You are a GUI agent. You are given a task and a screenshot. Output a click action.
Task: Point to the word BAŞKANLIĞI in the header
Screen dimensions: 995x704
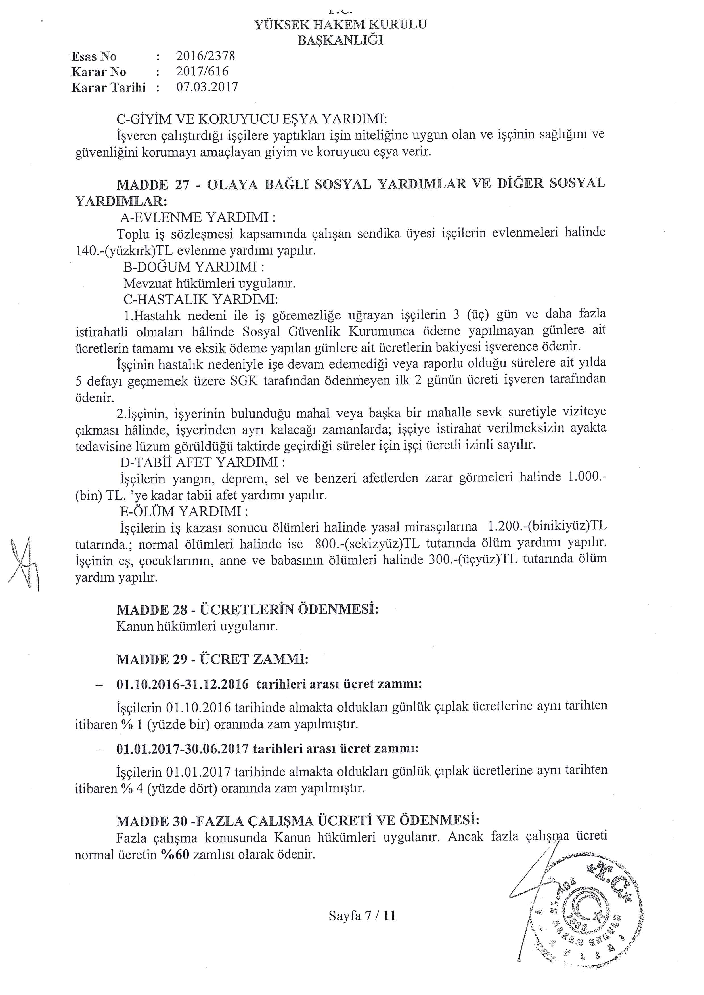tap(341, 40)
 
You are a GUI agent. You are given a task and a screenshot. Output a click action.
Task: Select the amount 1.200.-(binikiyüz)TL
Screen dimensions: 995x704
tap(547, 527)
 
